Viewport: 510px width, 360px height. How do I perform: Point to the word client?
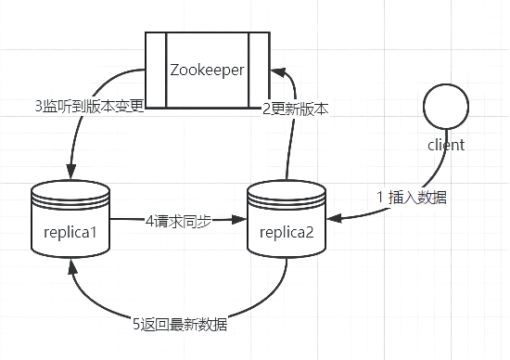pyautogui.click(x=446, y=145)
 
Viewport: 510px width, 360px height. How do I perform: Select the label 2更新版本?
pyautogui.click(x=295, y=108)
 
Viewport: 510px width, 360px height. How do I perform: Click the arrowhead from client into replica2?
pyautogui.click(x=332, y=220)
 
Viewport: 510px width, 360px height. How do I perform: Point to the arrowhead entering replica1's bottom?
pyautogui.click(x=70, y=264)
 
